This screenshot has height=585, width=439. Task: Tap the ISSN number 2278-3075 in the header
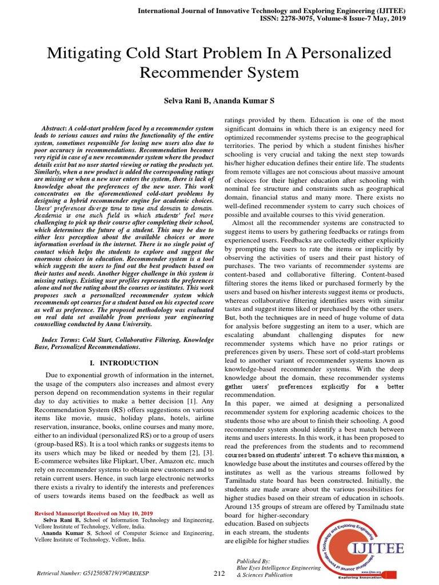point(312,18)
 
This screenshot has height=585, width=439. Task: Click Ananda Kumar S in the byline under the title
point(246,101)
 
